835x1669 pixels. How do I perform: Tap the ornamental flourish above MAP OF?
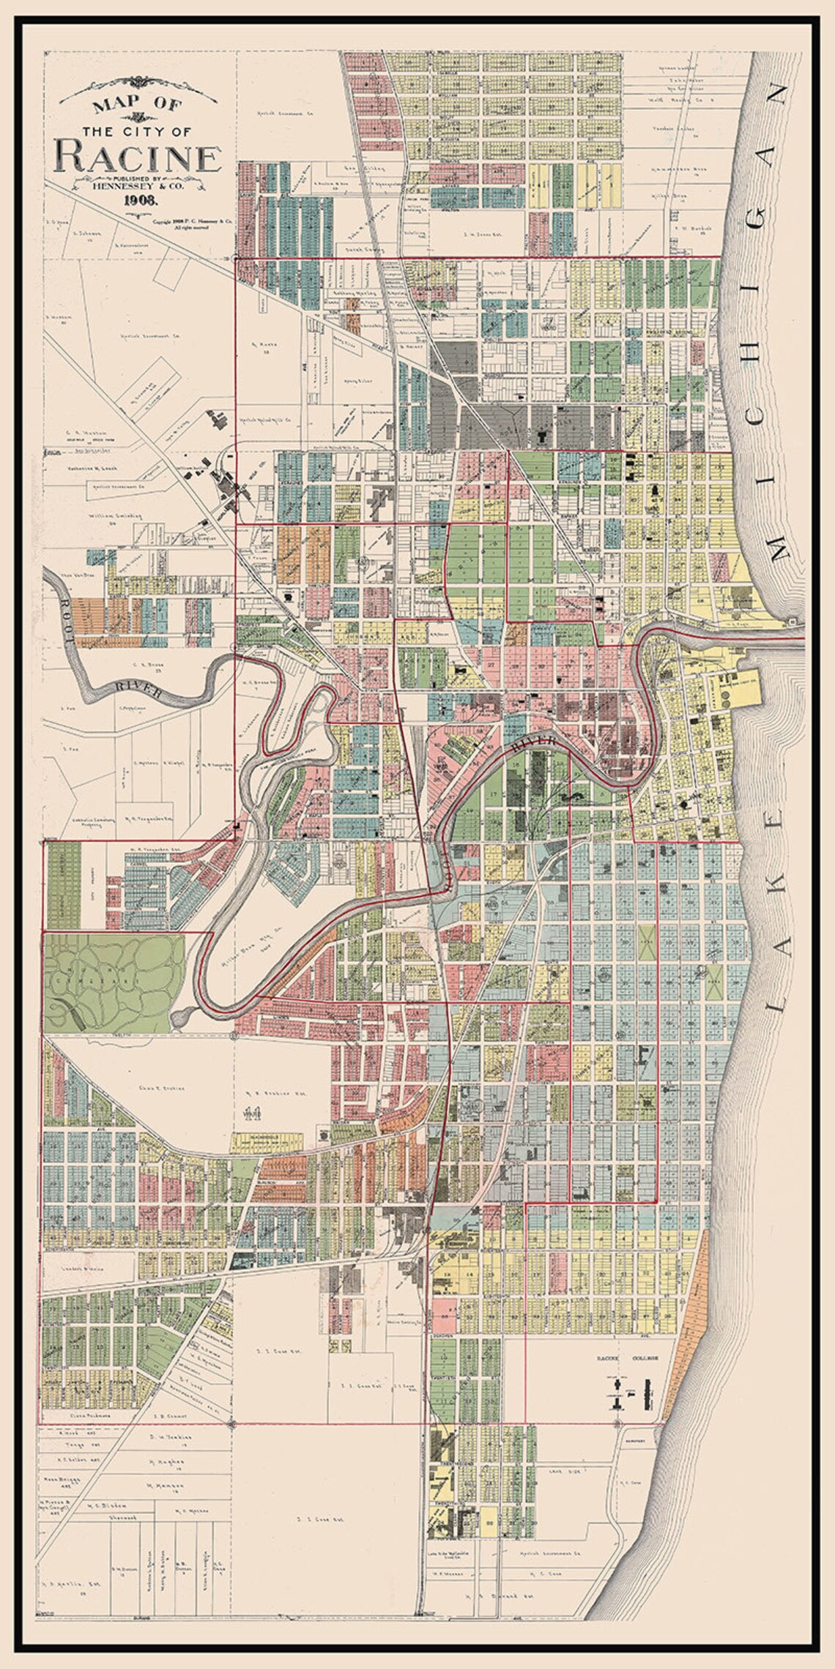click(x=137, y=82)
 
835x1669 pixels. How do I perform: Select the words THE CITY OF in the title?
click(x=137, y=132)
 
